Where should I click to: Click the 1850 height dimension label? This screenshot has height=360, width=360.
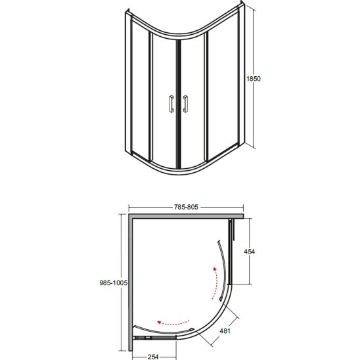tap(254, 79)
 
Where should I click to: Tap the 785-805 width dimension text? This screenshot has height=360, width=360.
tap(186, 207)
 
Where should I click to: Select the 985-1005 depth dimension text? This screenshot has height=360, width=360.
tap(114, 283)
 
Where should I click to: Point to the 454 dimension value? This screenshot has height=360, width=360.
tap(250, 252)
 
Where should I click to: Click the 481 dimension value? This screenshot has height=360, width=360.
tap(225, 331)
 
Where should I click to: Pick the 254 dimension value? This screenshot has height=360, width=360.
tap(153, 357)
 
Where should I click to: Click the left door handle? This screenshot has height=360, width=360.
tap(171, 104)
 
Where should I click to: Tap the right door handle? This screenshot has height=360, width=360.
tap(185, 104)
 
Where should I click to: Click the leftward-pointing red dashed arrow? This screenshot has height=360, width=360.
tap(173, 323)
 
